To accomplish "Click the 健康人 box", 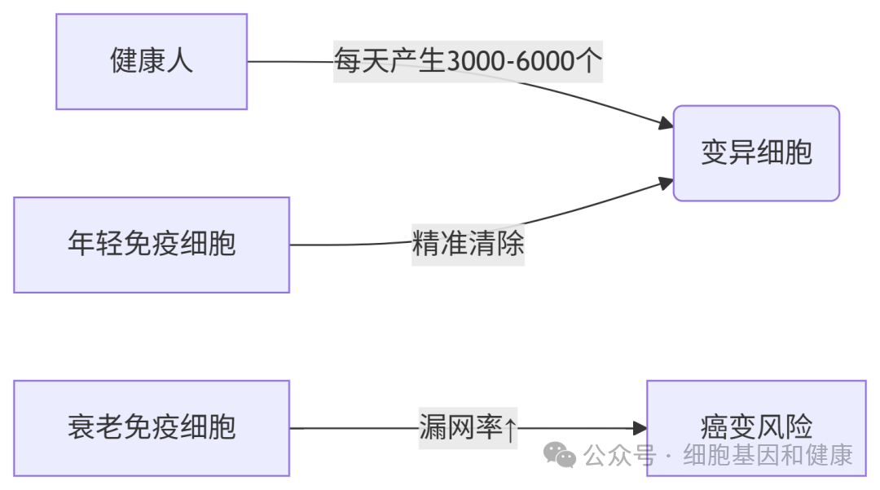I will click(x=152, y=61).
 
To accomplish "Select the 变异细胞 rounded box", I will click(x=756, y=152).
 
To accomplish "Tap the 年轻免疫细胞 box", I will click(x=152, y=245).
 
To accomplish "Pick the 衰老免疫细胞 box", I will click(x=152, y=428).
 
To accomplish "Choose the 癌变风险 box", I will click(x=756, y=428).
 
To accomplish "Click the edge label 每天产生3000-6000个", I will click(x=468, y=61).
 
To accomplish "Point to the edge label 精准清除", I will click(x=468, y=245).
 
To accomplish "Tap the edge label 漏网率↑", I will click(x=468, y=427).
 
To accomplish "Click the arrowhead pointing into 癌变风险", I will click(x=640, y=428).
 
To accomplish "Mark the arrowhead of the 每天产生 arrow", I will click(x=666, y=125).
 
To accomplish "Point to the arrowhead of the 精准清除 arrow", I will click(x=666, y=183).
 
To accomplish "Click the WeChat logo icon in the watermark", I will click(x=560, y=455).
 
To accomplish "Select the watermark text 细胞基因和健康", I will click(x=768, y=455).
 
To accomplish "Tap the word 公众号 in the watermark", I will click(x=620, y=455).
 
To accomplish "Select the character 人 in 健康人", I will click(x=179, y=61).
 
